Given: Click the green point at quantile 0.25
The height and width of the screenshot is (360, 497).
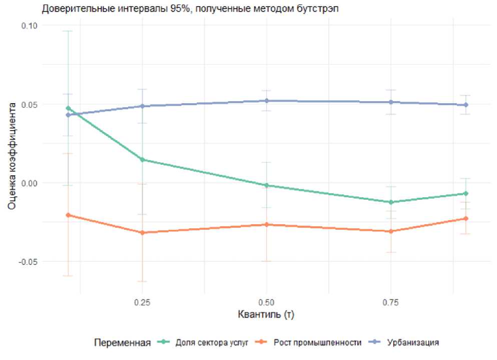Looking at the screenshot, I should point(142,160).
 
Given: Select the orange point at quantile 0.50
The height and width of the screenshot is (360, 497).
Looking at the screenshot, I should point(266,224).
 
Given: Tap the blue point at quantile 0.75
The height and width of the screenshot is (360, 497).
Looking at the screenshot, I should point(390,102).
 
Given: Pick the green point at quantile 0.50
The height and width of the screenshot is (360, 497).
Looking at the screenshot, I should point(266,185).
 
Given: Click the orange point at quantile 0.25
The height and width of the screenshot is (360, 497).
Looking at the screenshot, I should point(142,233).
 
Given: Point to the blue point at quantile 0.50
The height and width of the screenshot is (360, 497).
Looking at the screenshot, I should point(266,101).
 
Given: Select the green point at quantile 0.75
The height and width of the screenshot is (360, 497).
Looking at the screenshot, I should point(390,202).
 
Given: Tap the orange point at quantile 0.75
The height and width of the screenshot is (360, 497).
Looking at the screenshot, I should point(390,231).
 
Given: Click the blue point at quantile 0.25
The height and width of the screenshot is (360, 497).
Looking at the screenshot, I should point(142,106).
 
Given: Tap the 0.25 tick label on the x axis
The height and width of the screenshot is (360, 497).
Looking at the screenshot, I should point(142,302).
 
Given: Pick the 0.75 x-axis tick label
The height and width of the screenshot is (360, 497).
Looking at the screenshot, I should point(390,302).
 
